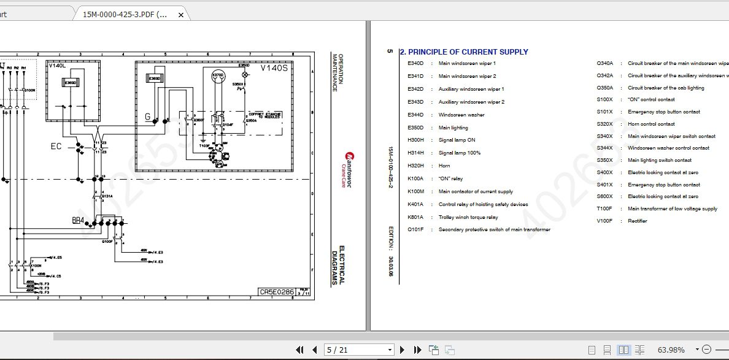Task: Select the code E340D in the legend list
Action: point(415,63)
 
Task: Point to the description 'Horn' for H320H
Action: point(444,166)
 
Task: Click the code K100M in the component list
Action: point(415,191)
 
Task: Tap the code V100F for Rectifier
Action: point(604,221)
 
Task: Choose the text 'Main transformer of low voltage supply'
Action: point(672,209)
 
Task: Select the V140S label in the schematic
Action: point(274,68)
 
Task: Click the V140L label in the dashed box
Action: point(56,66)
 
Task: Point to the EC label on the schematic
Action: point(56,147)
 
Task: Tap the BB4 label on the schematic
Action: point(78,220)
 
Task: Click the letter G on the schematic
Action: point(147,117)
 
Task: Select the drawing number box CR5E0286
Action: point(277,293)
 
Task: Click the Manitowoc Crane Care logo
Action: point(347,163)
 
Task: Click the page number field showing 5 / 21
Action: point(359,350)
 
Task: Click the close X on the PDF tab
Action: point(180,14)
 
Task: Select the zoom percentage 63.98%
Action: point(671,350)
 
